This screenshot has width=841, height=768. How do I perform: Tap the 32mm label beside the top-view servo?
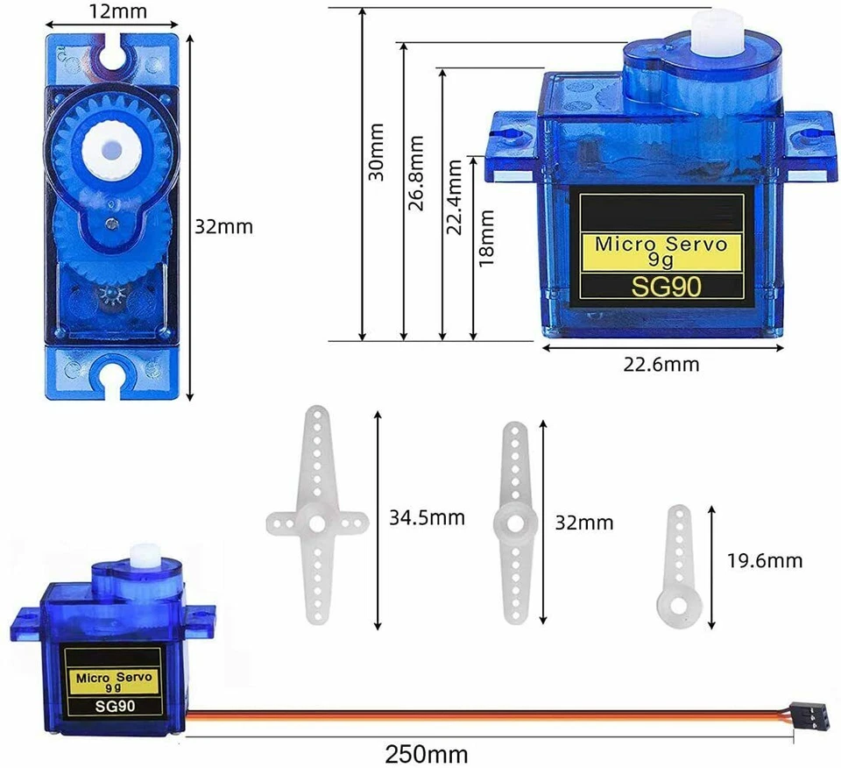(223, 226)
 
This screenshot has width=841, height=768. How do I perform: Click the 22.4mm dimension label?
(454, 197)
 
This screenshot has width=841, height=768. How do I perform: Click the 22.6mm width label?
(661, 364)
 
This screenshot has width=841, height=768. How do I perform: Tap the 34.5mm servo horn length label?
(427, 518)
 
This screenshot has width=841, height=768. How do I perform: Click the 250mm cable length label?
(427, 753)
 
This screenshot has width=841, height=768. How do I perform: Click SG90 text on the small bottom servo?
(114, 706)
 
